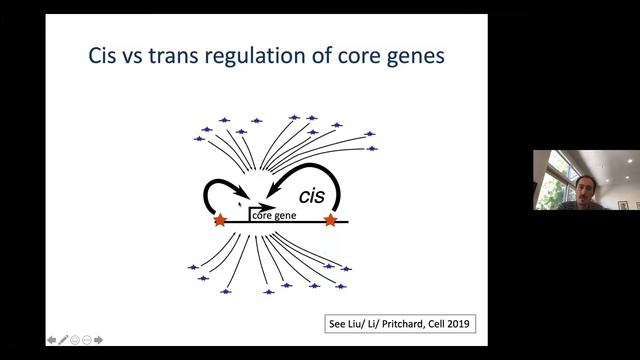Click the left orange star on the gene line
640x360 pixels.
click(x=220, y=220)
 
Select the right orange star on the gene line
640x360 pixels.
click(x=330, y=220)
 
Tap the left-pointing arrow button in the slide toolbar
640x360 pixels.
click(x=52, y=340)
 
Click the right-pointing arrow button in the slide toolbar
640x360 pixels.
click(x=98, y=340)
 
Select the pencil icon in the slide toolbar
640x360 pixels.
click(x=63, y=340)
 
